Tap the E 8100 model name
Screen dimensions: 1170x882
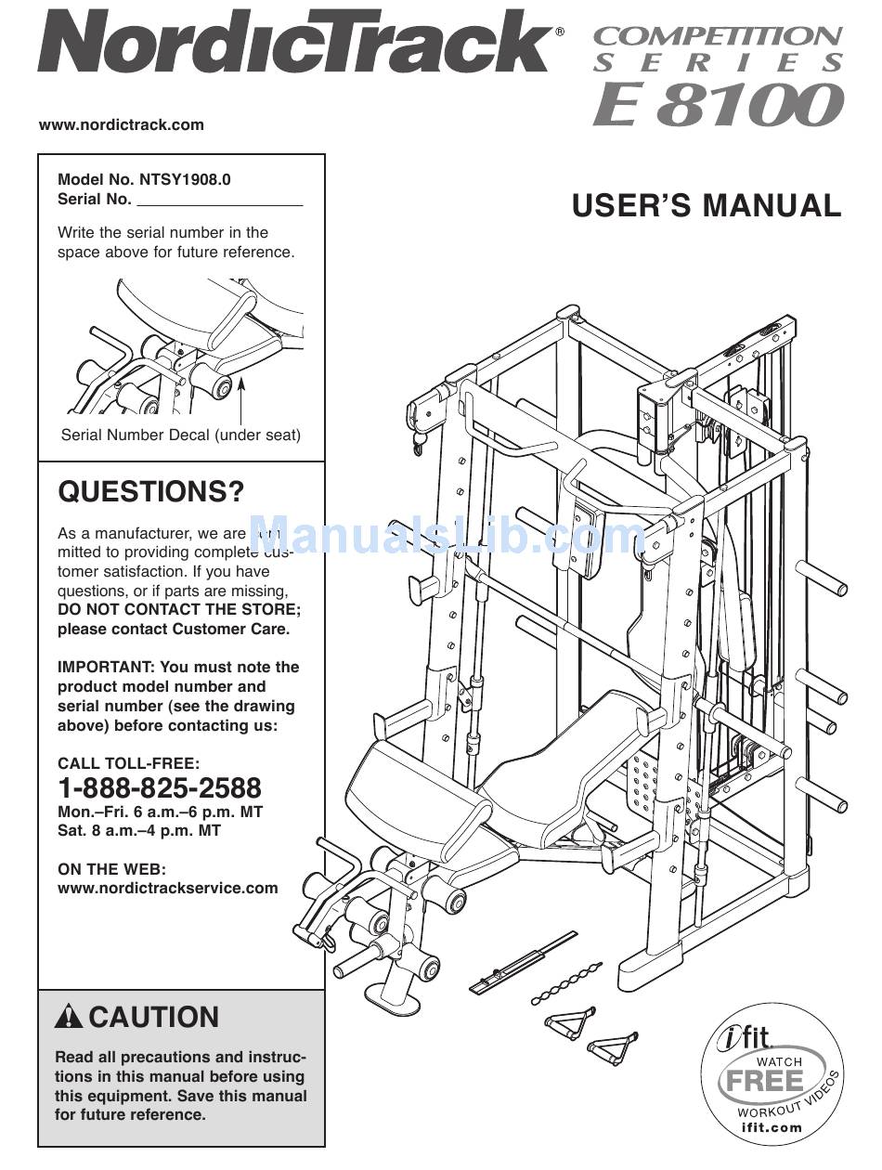coord(718,106)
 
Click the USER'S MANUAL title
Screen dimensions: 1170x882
coord(706,205)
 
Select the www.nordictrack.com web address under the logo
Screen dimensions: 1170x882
coord(122,124)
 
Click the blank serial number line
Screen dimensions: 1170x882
coord(220,201)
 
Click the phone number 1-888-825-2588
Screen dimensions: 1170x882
coord(160,788)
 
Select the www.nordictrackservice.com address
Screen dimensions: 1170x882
coord(168,888)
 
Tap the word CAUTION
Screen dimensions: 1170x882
coord(154,1017)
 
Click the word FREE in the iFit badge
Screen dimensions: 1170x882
coord(766,1081)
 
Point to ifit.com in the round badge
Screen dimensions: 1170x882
coord(772,1127)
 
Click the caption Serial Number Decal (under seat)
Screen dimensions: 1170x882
coord(181,434)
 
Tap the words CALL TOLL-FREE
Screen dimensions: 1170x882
coord(128,763)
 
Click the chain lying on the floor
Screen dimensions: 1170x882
coord(567,982)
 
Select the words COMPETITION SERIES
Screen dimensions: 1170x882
coord(718,49)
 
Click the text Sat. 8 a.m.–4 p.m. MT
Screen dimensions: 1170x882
coord(139,830)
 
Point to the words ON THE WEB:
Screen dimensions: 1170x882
coord(111,869)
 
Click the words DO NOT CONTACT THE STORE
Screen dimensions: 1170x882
coord(179,609)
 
